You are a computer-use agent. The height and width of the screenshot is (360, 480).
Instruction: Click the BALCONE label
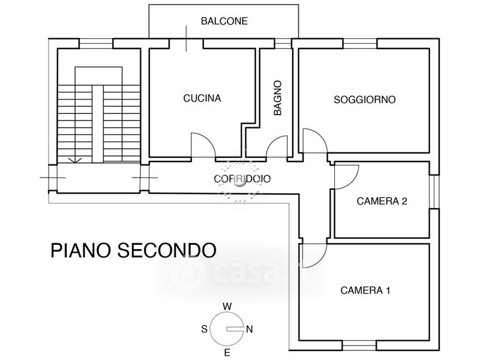point(224,21)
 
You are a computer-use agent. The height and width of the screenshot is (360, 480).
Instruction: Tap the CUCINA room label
point(202,98)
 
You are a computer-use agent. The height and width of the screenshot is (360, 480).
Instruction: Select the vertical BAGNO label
point(277,98)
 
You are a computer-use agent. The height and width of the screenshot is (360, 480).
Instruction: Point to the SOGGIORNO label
point(364,100)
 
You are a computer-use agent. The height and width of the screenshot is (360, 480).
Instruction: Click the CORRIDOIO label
point(242,178)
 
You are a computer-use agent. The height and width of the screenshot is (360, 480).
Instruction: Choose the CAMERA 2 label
point(382,202)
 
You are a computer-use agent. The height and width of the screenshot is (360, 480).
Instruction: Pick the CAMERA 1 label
point(365,291)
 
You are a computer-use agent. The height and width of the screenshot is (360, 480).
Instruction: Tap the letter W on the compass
point(227,306)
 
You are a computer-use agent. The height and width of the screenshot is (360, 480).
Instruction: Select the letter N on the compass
point(250,329)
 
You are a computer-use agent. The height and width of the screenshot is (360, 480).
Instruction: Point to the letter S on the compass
point(205,329)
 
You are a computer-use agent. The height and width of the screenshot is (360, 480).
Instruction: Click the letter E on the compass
point(227,352)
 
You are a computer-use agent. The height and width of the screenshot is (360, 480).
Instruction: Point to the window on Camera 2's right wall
point(434,192)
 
